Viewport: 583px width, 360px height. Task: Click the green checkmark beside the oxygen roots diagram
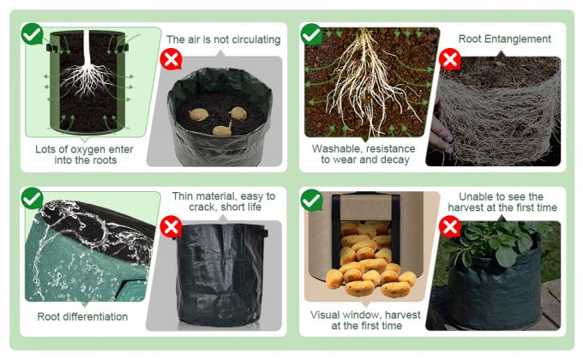pyautogui.click(x=32, y=33)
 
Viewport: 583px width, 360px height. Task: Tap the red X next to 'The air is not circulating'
pyautogui.click(x=171, y=59)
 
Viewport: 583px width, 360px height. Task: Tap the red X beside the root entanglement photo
pyautogui.click(x=450, y=59)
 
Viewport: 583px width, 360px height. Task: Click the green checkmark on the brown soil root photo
pyautogui.click(x=311, y=34)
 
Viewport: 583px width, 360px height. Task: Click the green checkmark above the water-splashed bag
pyautogui.click(x=32, y=198)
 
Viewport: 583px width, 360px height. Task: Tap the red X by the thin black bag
pyautogui.click(x=171, y=227)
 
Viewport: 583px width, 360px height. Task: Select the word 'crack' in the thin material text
pyautogui.click(x=201, y=207)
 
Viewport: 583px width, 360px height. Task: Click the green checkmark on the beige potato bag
pyautogui.click(x=311, y=200)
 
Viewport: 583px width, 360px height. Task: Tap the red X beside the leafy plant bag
pyautogui.click(x=450, y=227)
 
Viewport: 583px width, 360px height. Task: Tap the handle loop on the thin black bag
pyautogui.click(x=264, y=233)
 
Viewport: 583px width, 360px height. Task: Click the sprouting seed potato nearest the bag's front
pyautogui.click(x=222, y=129)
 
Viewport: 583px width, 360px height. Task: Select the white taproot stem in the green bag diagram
pyautogui.click(x=87, y=48)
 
